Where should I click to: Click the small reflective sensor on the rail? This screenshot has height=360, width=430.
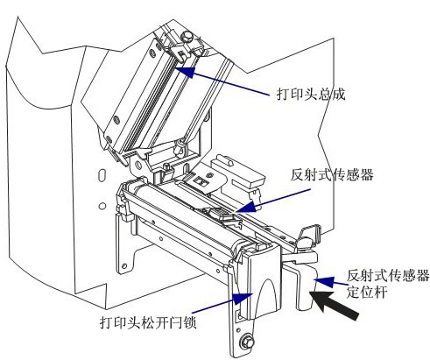coord(216,213)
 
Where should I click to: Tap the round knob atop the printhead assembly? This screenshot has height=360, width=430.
coord(187,34)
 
